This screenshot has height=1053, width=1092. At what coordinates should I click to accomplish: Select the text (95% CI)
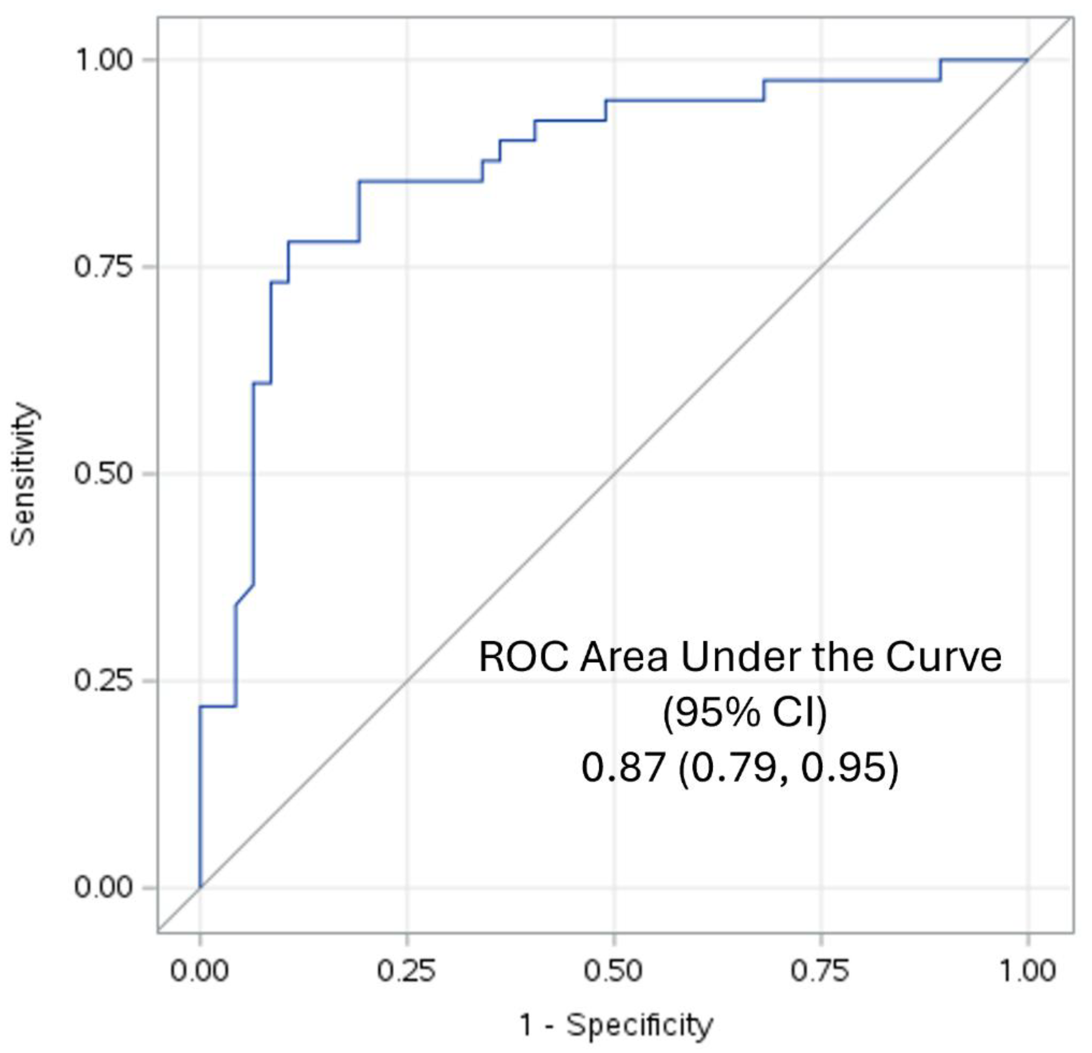click(744, 712)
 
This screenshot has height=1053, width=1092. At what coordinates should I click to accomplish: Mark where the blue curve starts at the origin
click(200, 887)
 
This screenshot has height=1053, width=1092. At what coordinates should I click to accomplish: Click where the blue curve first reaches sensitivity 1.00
click(941, 59)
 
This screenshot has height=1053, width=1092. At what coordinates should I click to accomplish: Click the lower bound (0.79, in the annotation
click(733, 767)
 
